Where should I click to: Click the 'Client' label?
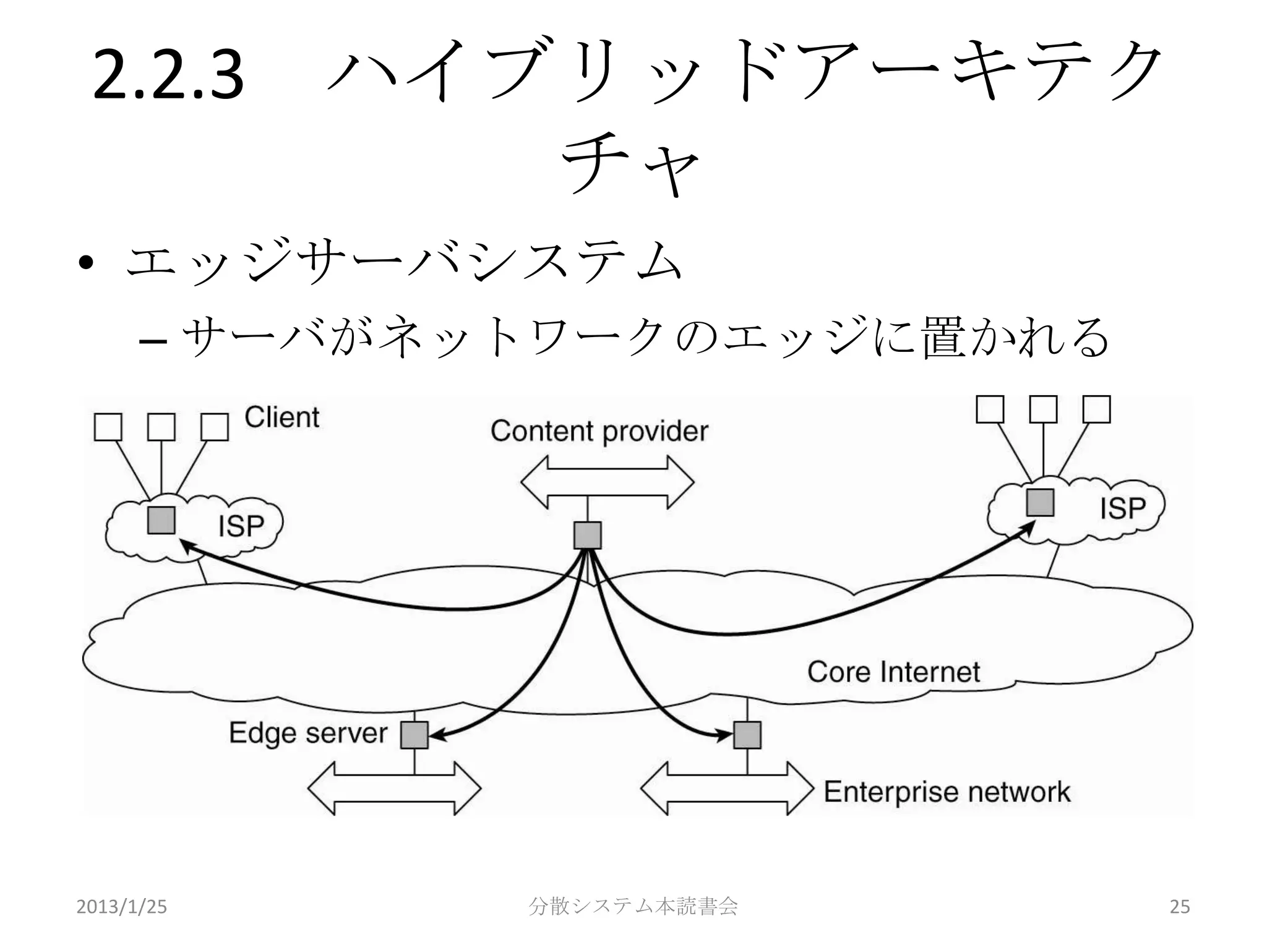pos(281,417)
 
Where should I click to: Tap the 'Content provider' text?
pos(599,431)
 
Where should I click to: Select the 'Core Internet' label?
pos(893,672)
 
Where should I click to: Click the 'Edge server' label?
pos(308,733)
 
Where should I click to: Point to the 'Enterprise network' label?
pos(947,792)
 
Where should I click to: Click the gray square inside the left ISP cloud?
pos(161,520)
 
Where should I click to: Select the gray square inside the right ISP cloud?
pos(1040,502)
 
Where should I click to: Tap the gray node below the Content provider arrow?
pos(587,535)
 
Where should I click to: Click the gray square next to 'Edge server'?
pos(414,735)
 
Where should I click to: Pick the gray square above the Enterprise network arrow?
pos(747,735)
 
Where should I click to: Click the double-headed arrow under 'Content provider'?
pos(607,482)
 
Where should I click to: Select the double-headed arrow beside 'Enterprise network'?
pos(727,789)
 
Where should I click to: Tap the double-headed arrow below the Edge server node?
pos(394,789)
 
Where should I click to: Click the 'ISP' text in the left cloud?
pos(241,526)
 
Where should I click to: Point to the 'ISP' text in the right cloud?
pos(1122,508)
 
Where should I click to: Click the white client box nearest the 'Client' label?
pos(215,427)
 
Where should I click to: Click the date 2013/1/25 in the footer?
pos(121,907)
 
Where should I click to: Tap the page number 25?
pos(1179,907)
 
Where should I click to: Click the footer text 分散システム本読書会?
pos(633,906)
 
